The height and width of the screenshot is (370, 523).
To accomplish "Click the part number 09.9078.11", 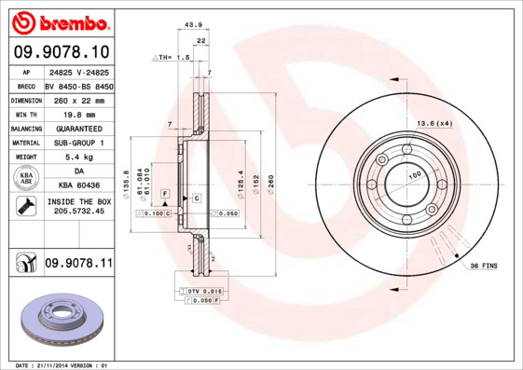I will [77, 264].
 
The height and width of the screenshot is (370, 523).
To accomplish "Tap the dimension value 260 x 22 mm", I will [77, 98].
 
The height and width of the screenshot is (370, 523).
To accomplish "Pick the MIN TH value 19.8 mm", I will [77, 113].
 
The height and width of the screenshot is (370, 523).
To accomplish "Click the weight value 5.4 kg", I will [77, 158].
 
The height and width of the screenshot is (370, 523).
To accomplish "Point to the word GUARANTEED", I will [77, 128].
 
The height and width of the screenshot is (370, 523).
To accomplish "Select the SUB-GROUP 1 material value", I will [77, 143].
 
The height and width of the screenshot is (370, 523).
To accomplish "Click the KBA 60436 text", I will [77, 187].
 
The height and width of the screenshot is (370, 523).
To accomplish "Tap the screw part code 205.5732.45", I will [77, 212].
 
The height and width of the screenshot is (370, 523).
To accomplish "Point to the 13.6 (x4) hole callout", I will [434, 123].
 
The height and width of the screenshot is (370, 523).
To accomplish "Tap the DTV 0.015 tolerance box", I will [202, 292].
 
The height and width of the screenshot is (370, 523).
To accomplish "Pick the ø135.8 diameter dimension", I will [126, 183].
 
